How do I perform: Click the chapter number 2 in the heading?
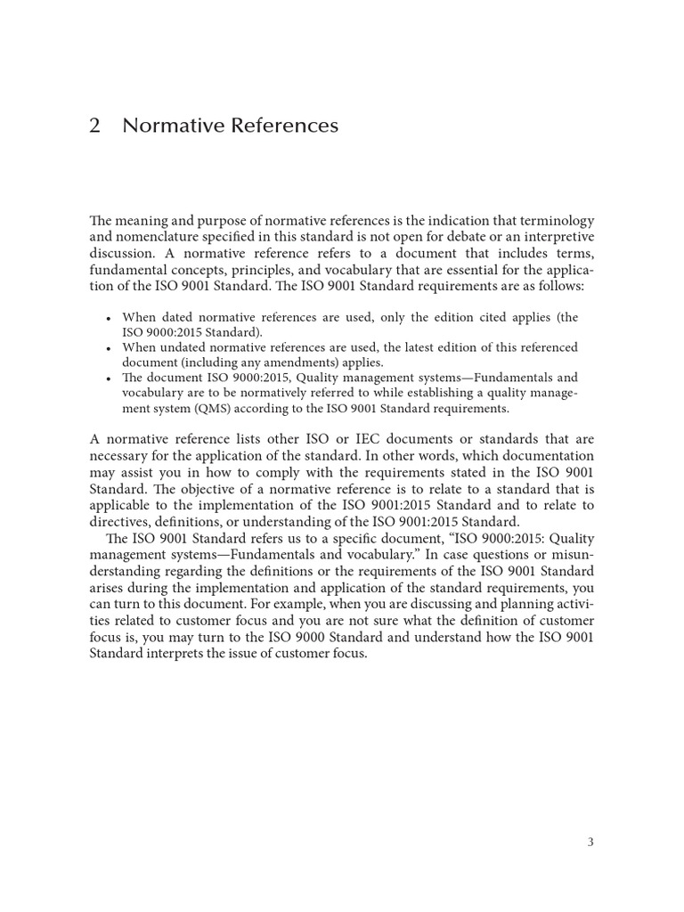click(95, 126)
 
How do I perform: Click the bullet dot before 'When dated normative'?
click(108, 318)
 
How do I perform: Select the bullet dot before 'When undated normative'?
click(108, 348)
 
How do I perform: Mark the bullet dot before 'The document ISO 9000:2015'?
click(108, 379)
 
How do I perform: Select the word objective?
click(214, 489)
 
